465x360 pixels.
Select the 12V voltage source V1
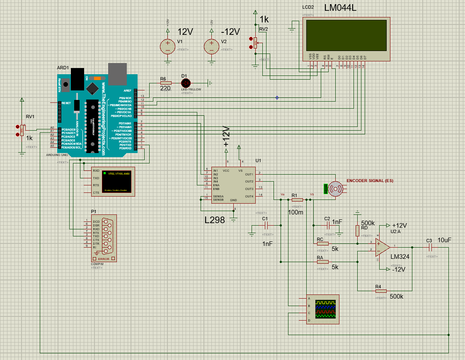point(168,45)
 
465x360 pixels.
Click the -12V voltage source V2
point(211,45)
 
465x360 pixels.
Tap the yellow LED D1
point(186,83)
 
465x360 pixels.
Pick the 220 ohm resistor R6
point(165,83)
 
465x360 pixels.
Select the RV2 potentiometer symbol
point(255,42)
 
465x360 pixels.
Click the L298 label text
point(215,220)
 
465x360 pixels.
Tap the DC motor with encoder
point(335,189)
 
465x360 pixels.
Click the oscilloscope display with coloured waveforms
point(327,309)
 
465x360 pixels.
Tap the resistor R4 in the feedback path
point(380,291)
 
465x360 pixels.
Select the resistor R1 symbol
point(297,199)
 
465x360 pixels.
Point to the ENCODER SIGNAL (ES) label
point(370,181)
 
